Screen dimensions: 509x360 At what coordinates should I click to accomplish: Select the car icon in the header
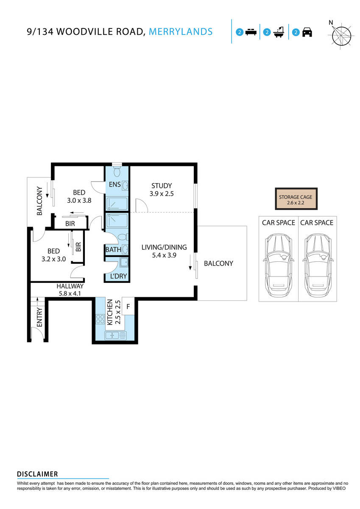307,32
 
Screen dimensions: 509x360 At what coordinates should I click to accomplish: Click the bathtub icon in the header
279,32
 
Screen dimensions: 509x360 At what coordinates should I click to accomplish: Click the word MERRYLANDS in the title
181,32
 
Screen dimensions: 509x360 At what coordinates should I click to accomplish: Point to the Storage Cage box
296,199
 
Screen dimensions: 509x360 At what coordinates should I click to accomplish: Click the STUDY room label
162,186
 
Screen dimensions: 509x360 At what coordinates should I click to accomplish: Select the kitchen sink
111,335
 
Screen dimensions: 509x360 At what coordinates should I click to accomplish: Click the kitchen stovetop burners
100,319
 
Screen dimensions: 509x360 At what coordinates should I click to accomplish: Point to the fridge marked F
128,305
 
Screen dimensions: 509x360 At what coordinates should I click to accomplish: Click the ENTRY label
39,317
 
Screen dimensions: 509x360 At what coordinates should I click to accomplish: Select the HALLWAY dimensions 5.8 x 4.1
70,293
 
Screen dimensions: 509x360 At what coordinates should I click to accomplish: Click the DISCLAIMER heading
37,474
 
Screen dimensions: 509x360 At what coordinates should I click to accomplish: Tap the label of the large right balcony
218,263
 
